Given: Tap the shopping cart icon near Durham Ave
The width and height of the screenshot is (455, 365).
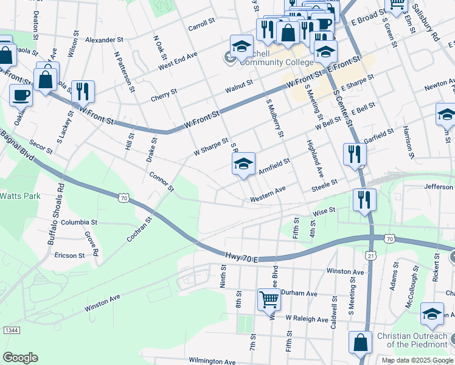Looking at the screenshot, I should pos(269,299).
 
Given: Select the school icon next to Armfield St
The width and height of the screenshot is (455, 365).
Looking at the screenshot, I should pos(243,164).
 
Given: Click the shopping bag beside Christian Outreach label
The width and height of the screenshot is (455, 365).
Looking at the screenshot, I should pos(360,342).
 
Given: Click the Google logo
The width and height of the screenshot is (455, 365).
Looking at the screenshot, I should pos(20,357).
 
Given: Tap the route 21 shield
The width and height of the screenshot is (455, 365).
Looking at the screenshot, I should pos(370,257).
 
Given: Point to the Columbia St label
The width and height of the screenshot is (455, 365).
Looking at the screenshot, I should pos(78,223).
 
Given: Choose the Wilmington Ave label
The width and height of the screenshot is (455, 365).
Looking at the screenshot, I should pos(212,361).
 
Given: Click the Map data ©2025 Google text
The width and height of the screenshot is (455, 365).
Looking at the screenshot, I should pos(417,360).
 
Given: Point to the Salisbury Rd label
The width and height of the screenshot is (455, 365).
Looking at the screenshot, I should pos(427,24).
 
